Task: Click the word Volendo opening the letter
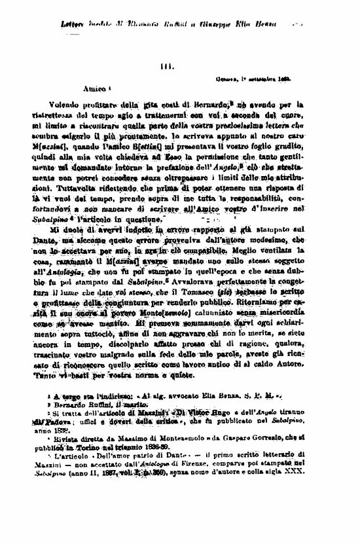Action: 63,105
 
